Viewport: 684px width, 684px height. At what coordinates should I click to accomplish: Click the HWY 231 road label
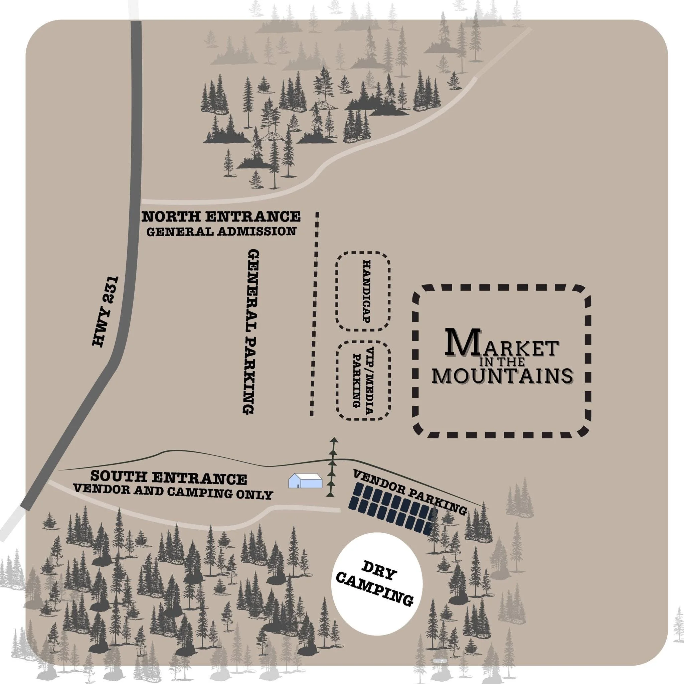pyautogui.click(x=105, y=311)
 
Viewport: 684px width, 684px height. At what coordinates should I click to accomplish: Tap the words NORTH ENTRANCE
pyautogui.click(x=221, y=216)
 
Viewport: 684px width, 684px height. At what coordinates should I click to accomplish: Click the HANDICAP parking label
pyautogui.click(x=366, y=291)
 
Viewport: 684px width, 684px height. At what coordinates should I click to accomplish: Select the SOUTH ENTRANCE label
pyautogui.click(x=169, y=478)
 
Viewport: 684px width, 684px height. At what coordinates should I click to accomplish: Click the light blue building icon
pyautogui.click(x=306, y=481)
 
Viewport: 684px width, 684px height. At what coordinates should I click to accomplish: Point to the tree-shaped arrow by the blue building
pyautogui.click(x=332, y=467)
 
